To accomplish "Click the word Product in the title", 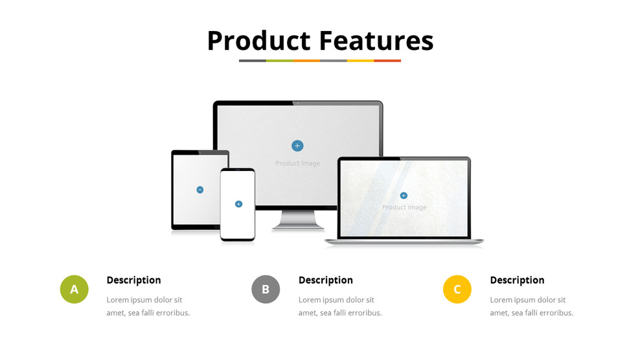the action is [258, 41].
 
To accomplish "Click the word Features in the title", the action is [376, 41].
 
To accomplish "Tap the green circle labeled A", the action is [74, 289].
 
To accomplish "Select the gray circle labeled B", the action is [266, 289].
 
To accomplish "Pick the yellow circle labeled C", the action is [457, 289].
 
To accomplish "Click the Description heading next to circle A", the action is [134, 280].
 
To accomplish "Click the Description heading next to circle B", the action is [326, 280].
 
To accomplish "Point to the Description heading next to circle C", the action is [517, 280].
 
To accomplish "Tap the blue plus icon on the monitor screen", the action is [297, 146].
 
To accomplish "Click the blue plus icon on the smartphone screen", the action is [239, 204].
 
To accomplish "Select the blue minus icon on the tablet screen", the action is [200, 190].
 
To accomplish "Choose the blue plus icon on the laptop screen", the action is [404, 196].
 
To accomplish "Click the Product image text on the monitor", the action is [297, 163].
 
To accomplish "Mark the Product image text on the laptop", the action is [404, 207].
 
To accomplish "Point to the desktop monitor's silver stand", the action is [298, 220].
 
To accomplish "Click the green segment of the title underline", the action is [280, 61].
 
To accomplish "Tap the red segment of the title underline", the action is [387, 61].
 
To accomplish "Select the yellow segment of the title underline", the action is [360, 61].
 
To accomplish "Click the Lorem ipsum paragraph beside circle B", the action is [340, 306].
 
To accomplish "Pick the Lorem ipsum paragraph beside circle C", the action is [531, 306].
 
